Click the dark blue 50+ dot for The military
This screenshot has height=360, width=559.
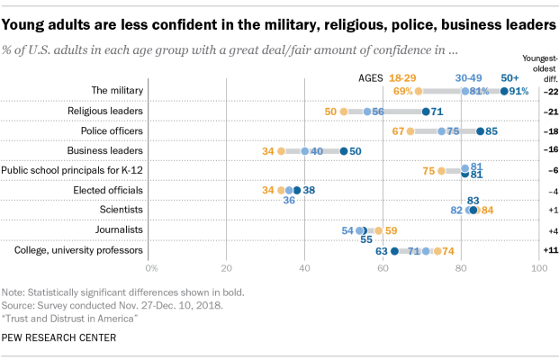click(503, 91)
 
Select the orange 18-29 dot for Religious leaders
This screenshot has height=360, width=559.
click(344, 112)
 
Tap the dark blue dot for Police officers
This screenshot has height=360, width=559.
click(480, 131)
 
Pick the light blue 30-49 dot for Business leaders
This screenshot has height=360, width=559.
click(305, 151)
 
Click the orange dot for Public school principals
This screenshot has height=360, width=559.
click(441, 171)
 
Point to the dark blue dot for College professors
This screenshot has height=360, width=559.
click(394, 251)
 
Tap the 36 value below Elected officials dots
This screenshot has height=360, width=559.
click(289, 201)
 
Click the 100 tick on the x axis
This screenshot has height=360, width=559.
click(539, 268)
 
